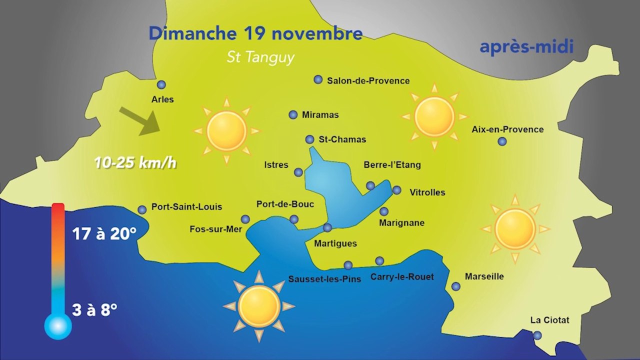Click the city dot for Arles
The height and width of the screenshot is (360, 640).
pos(161,84)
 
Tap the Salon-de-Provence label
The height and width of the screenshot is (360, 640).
pos(368,80)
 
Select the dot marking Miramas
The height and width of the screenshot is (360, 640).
pos(293,114)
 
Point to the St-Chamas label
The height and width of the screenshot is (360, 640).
pos(342,139)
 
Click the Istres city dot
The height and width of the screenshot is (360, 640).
pos(298,172)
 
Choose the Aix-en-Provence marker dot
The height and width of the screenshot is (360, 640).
pos(502,141)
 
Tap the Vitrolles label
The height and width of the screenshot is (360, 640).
pos(427,192)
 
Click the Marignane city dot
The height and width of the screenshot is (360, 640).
pos(384,211)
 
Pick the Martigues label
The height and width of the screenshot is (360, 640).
pos(335,243)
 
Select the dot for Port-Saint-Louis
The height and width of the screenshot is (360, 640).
pos(142,209)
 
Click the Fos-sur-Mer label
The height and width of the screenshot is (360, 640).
pos(215,229)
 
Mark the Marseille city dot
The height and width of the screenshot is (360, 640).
pos(456,286)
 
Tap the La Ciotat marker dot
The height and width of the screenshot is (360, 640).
pos(537,335)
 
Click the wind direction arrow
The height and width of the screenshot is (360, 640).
pos(139,120)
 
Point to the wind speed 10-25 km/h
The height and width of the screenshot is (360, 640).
pos(135,163)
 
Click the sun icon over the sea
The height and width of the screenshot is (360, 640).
pos(259,306)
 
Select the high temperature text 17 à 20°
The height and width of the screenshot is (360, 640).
pos(104,233)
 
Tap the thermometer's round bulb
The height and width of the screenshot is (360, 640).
pos(58,326)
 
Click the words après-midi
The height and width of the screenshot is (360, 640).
pos(526,47)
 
